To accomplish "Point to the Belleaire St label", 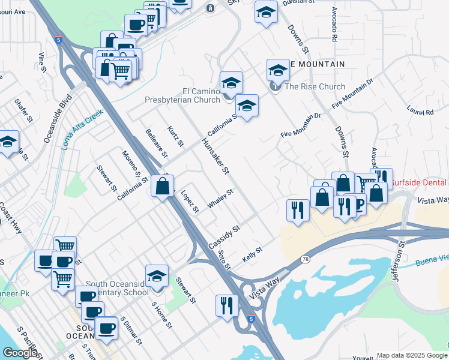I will pos(156,143).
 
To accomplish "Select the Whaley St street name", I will pos(220,199).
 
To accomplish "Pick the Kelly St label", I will pos(253,256).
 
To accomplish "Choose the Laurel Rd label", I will pos(420,112).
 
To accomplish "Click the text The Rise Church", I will pos(315,86).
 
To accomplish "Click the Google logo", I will pos(20,353).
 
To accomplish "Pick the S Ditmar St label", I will pos(131,331).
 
